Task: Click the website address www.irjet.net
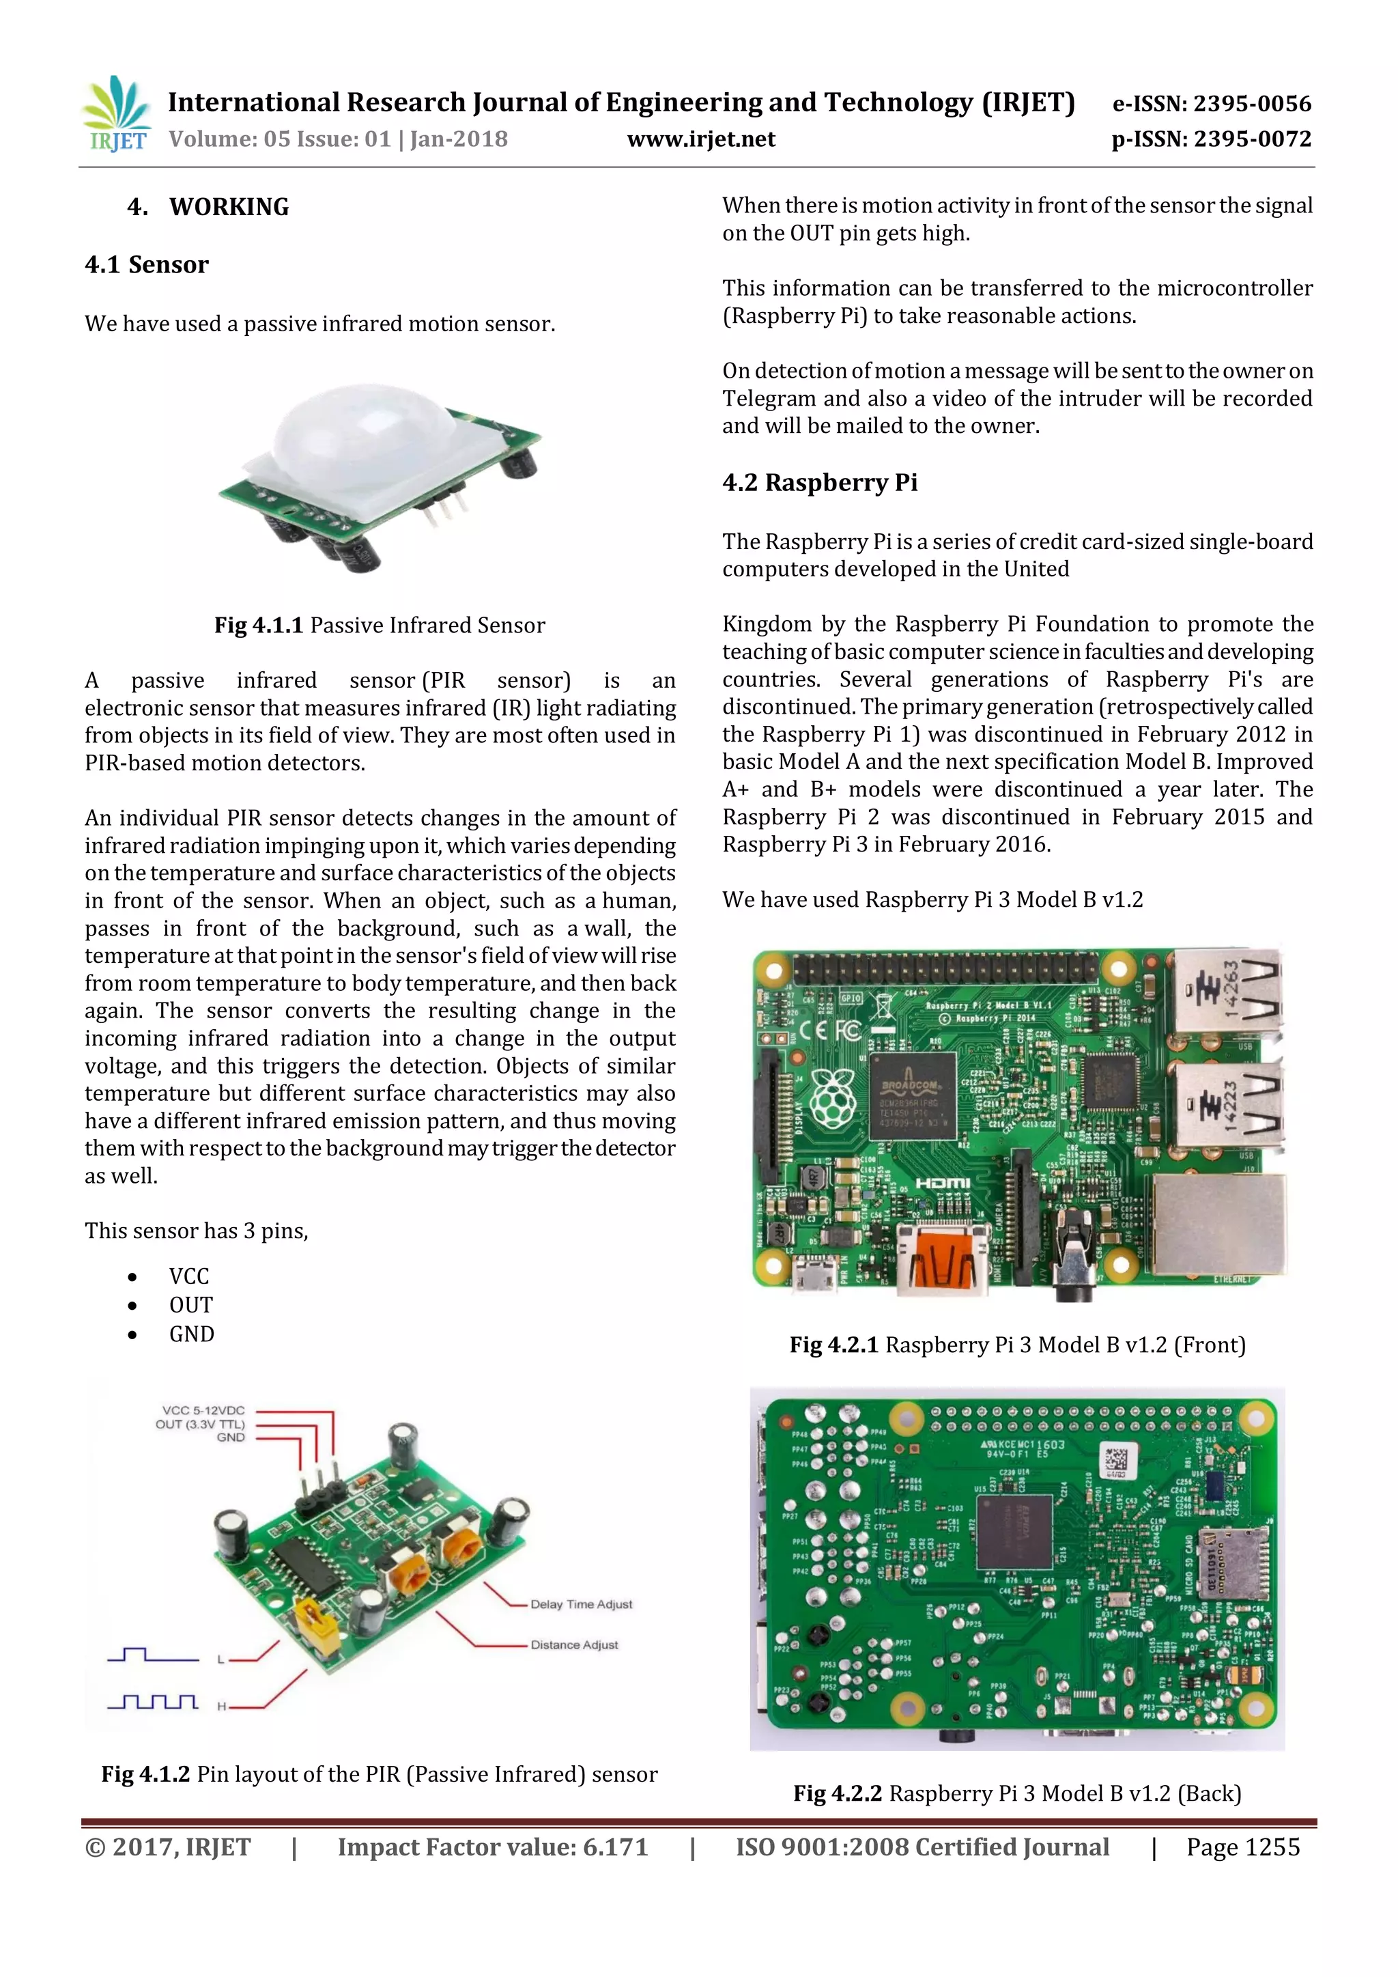tap(701, 139)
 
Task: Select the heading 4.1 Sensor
tap(146, 264)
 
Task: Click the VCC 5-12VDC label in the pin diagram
tap(203, 1410)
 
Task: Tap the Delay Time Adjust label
tap(581, 1604)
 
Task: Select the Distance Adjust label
tap(574, 1644)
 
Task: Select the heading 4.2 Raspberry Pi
tap(820, 482)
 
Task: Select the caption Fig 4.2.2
tap(1016, 1793)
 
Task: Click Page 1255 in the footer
tap(1242, 1847)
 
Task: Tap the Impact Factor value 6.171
tap(492, 1847)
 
